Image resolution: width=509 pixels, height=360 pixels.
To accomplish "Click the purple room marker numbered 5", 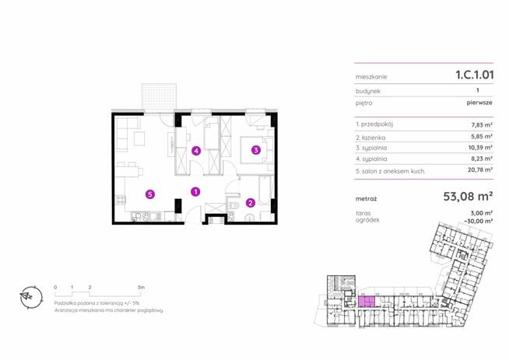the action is [149, 194].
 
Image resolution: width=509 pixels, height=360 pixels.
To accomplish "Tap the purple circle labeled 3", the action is [256, 150].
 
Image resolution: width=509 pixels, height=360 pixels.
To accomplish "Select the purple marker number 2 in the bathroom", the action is [251, 203].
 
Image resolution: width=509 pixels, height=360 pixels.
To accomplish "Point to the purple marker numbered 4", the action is [196, 151].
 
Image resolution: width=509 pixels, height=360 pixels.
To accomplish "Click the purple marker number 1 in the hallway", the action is [195, 192].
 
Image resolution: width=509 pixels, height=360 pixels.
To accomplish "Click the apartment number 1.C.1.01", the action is [475, 75].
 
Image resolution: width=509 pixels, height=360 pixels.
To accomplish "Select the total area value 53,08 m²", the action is [468, 196].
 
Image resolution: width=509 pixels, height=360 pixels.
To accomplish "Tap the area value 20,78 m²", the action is [480, 170].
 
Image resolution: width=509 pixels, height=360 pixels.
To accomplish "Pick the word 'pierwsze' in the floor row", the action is [479, 103].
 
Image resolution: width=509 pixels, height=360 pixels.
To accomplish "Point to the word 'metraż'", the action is [366, 199].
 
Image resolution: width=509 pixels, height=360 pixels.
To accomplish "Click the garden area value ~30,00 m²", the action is [479, 221].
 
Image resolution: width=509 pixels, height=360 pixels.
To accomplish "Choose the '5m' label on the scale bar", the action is [141, 287].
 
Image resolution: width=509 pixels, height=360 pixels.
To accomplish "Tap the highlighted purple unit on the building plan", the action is [366, 302].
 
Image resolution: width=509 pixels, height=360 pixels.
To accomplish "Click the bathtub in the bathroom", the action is [265, 191].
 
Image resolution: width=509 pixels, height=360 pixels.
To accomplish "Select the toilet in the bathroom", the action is [233, 205].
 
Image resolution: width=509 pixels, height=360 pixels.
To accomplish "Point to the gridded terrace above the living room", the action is [160, 96].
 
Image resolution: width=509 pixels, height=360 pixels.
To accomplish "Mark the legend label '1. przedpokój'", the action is [374, 124].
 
